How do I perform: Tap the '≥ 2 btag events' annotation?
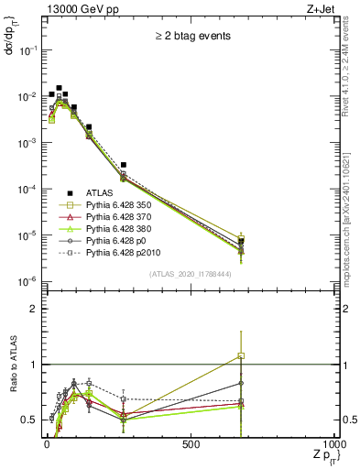click(191, 36)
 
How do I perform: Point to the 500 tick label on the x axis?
click(191, 443)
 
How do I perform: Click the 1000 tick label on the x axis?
click(335, 443)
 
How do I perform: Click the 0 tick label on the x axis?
click(46, 443)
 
